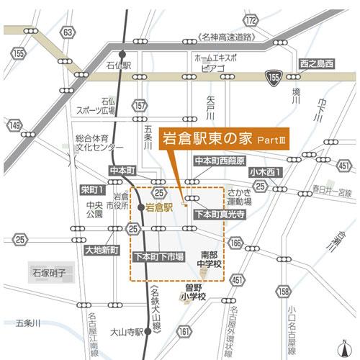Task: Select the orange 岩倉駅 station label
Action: click(x=159, y=207)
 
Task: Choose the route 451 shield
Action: click(x=344, y=167)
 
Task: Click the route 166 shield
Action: click(x=235, y=243)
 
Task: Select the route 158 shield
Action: click(x=284, y=291)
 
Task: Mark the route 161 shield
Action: click(x=186, y=331)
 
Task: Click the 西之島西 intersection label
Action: click(x=317, y=63)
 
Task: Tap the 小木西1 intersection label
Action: click(x=266, y=172)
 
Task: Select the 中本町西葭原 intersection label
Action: click(x=220, y=161)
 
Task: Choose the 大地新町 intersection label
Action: click(x=102, y=251)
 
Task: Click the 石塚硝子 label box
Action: click(x=49, y=274)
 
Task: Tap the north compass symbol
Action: click(x=346, y=346)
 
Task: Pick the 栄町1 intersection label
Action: click(x=92, y=190)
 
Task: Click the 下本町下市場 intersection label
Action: click(x=159, y=256)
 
